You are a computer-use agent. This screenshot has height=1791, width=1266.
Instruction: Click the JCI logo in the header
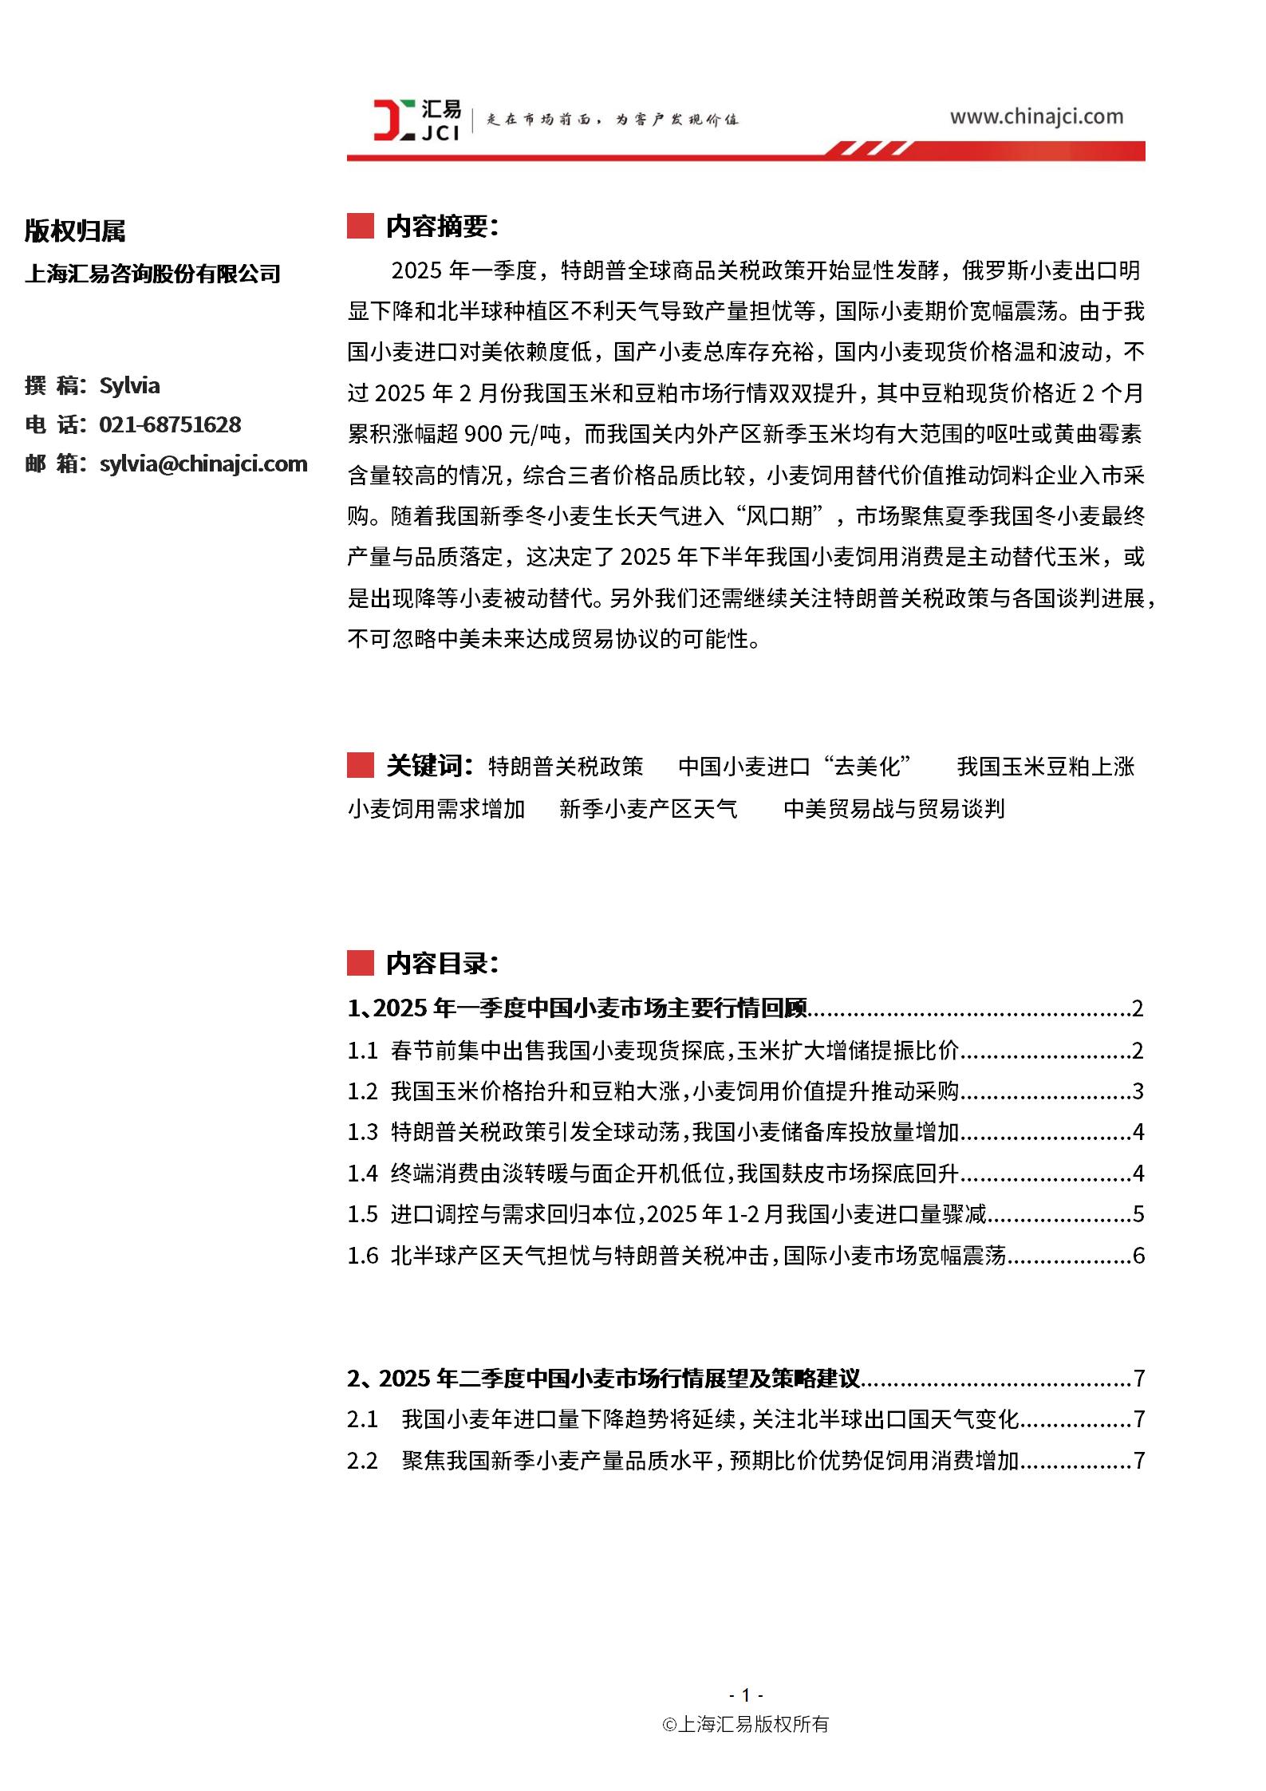coord(416,120)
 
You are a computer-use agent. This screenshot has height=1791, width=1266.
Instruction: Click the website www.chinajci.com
coord(1035,116)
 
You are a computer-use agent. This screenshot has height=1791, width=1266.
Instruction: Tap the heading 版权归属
coord(75,231)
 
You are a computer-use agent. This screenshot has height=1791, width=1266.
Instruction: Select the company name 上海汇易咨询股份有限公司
coord(152,274)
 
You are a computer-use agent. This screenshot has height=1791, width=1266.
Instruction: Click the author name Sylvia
coord(129,385)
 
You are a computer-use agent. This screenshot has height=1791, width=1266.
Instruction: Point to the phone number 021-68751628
coord(170,424)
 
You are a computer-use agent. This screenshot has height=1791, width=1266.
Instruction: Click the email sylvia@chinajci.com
coord(203,464)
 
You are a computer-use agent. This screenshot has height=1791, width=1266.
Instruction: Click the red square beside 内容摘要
coord(361,227)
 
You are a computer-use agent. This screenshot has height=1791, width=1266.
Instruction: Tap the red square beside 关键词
coord(361,766)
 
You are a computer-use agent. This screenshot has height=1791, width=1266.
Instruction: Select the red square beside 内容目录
coord(361,964)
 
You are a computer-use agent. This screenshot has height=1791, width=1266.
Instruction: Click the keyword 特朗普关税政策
coord(566,767)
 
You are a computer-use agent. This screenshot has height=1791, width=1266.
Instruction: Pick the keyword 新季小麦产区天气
coord(649,809)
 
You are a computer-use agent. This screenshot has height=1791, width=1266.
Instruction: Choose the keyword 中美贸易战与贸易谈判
coord(893,809)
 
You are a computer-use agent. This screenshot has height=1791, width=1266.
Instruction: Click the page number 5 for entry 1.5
coord(1138,1214)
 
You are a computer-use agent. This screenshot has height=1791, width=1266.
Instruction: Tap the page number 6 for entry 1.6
coord(1138,1256)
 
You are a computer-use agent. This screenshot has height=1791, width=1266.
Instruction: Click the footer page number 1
coord(746,1694)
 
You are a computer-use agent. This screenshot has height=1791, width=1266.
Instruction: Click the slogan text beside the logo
coord(612,120)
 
